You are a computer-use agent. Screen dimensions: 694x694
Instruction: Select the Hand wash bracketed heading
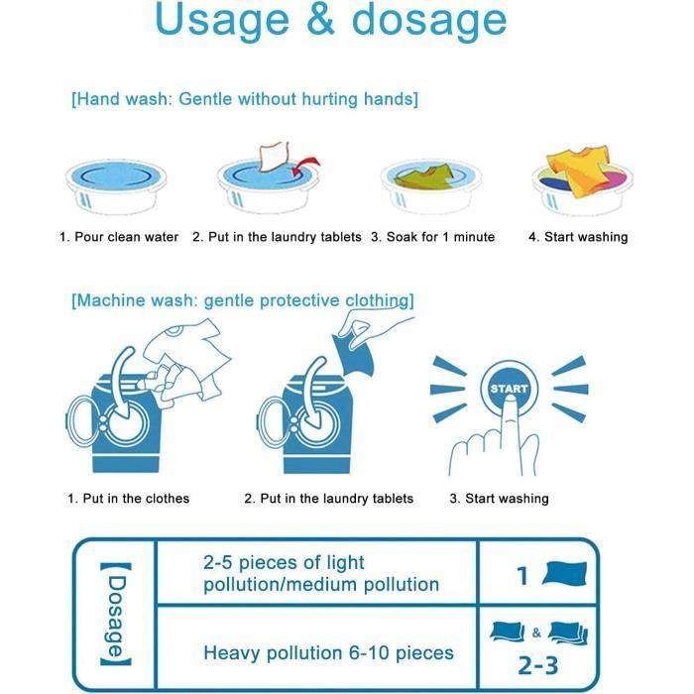(244, 99)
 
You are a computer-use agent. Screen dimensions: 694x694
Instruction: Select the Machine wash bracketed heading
(242, 300)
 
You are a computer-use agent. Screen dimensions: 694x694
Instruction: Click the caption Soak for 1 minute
(432, 237)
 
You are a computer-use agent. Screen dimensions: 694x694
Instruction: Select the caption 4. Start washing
(578, 237)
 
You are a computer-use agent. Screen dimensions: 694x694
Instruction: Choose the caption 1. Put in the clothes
(128, 499)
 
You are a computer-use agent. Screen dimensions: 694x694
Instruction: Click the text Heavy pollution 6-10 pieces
(328, 652)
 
